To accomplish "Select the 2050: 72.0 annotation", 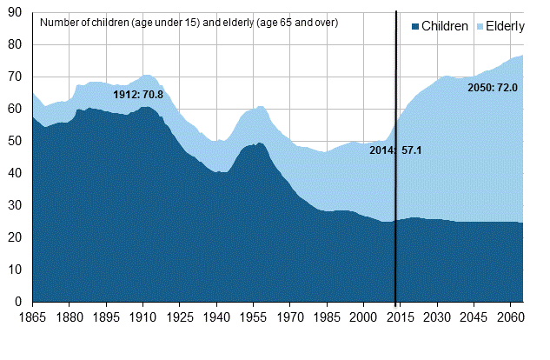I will click(493, 87).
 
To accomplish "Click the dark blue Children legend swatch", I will click(416, 27).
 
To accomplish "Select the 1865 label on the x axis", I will click(32, 318).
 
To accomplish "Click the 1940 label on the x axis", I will click(216, 318).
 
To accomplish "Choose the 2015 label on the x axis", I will click(401, 318).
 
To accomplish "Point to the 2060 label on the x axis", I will click(511, 318).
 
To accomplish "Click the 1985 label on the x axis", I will click(327, 318).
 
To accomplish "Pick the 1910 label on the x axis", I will click(142, 318).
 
